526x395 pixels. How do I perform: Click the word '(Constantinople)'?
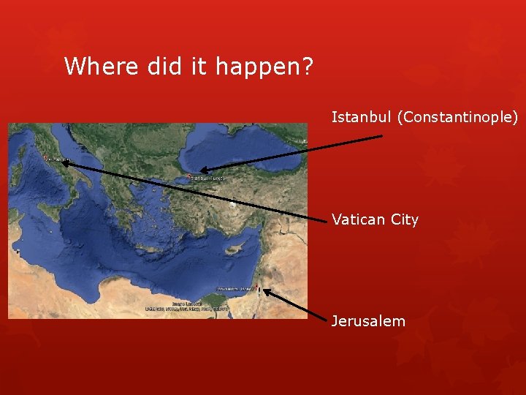click(x=457, y=117)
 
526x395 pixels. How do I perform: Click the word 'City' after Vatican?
click(x=405, y=220)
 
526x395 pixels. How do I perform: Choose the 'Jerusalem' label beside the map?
click(x=368, y=320)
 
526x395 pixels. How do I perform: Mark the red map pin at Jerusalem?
click(x=256, y=287)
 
